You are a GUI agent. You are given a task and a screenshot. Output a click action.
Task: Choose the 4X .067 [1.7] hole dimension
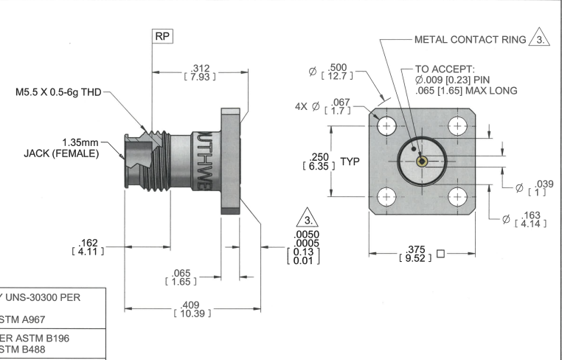(x=328, y=108)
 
